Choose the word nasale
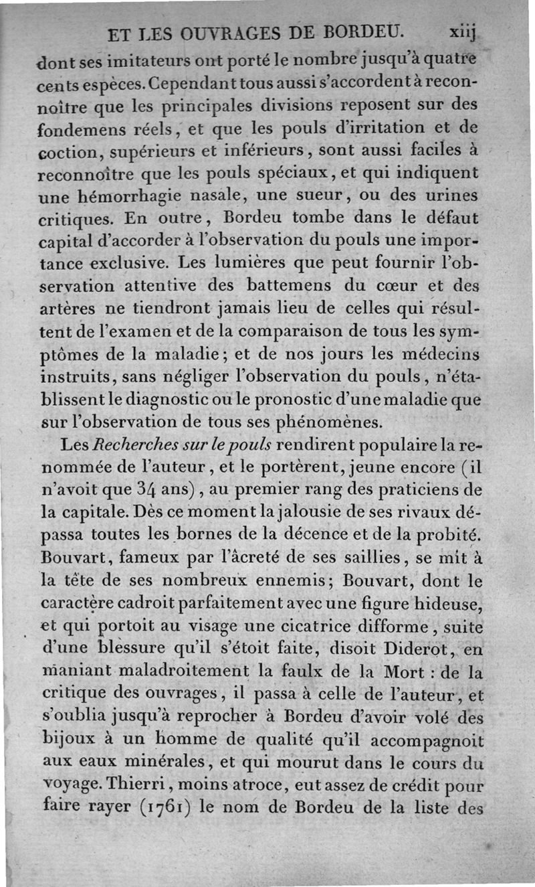pyautogui.click(x=229, y=196)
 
